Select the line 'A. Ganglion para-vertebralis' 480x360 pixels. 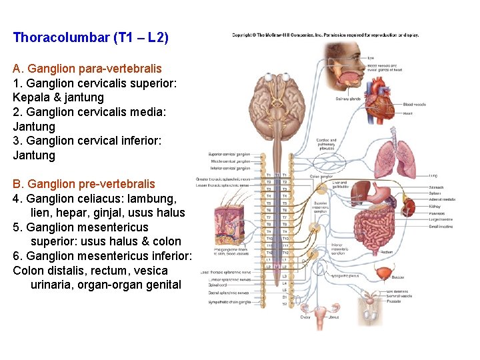87,69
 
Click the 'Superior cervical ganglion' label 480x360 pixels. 229,154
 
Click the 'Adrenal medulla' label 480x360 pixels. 441,199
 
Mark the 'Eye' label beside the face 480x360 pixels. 370,59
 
